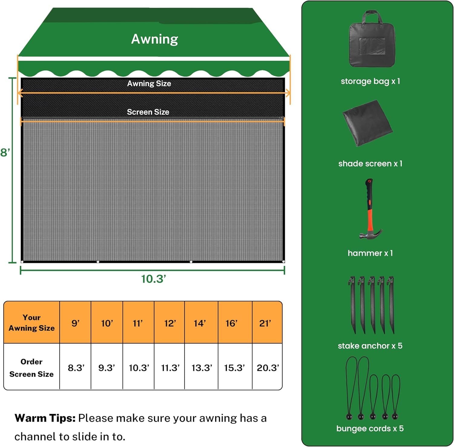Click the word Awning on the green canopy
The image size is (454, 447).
155,39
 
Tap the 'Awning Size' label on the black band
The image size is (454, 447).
149,83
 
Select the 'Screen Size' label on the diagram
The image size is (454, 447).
148,112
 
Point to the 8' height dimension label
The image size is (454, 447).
5,152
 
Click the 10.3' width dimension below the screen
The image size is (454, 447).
153,279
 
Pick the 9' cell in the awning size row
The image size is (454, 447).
75,323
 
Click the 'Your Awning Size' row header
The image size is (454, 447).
31,323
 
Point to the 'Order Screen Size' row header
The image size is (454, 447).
31,368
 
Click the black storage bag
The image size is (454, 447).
372,39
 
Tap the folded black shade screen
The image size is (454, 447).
367,123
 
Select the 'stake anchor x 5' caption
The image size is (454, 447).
370,345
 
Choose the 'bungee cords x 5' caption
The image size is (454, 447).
370,428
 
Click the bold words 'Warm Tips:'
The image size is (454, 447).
45,418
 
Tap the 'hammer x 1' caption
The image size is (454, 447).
370,253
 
